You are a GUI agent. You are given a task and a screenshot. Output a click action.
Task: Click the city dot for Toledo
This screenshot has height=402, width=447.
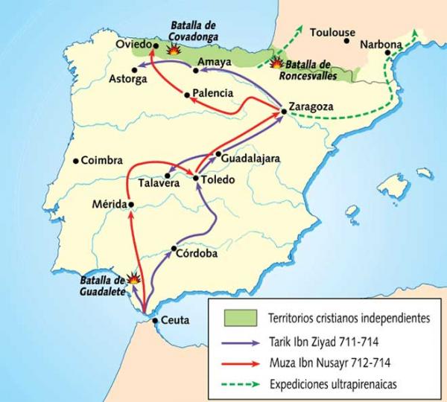[x=196, y=179]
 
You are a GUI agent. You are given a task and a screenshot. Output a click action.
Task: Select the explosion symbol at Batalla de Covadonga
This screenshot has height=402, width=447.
[x=174, y=49]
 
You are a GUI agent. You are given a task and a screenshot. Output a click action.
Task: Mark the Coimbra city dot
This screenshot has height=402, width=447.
[x=75, y=159]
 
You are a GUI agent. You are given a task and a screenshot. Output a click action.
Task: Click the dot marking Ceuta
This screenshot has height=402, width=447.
[x=154, y=321]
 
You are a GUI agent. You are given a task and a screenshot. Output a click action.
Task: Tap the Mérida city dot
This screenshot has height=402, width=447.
[x=130, y=204]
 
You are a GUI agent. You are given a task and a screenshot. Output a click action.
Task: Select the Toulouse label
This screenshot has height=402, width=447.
[x=333, y=33]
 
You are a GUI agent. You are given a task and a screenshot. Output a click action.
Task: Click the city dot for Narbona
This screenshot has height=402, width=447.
[x=386, y=54]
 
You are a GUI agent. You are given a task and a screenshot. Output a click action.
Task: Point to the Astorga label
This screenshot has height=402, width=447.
[x=128, y=79]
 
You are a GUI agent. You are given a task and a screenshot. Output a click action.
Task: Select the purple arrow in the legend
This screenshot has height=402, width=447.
[x=240, y=342]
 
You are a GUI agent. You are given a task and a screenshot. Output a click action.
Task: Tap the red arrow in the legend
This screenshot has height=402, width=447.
[x=240, y=363]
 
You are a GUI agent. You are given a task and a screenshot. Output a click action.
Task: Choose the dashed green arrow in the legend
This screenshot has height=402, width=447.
[x=240, y=386]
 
